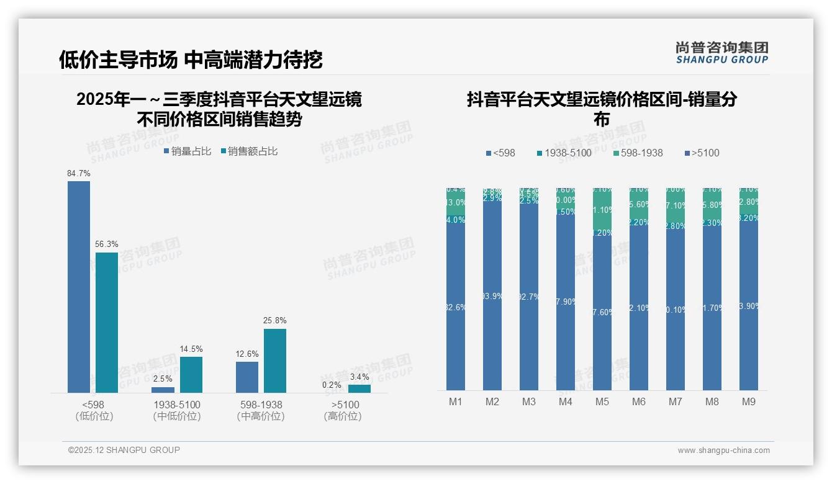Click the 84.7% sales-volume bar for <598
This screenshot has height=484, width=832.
click(x=79, y=287)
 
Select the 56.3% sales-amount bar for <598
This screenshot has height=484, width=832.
click(x=107, y=322)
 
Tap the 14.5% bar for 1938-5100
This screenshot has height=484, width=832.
click(x=191, y=374)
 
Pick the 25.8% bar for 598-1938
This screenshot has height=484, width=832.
click(x=275, y=361)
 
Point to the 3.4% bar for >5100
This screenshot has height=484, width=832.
click(x=359, y=388)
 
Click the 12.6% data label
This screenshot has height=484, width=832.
click(x=247, y=354)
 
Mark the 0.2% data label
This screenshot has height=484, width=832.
click(x=332, y=385)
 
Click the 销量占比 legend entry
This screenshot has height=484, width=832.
click(x=187, y=151)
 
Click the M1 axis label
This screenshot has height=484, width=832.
click(x=456, y=402)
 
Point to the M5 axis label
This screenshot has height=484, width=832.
click(x=602, y=402)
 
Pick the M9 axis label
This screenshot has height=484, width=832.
click(x=749, y=402)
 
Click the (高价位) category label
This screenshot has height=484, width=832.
click(x=342, y=416)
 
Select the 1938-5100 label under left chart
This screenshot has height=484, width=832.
click(x=177, y=405)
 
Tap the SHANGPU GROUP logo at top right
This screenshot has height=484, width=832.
click(x=721, y=53)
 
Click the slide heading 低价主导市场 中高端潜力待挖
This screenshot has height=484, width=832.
click(x=191, y=60)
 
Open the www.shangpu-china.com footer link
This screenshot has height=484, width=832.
click(x=723, y=450)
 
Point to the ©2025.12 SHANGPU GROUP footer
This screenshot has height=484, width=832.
click(x=124, y=450)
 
